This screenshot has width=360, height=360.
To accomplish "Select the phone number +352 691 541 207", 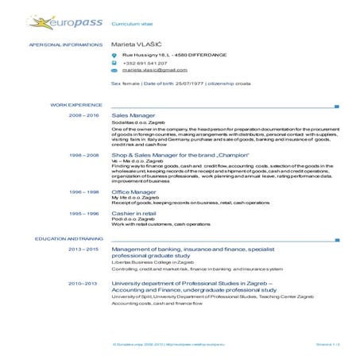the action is tap(145, 63).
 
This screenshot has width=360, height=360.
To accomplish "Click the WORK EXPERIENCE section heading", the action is tap(76, 104).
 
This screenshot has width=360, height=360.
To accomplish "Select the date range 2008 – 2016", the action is tap(84, 115).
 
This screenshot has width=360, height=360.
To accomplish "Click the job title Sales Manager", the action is tap(133, 115).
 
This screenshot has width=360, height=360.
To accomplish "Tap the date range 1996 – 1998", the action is tap(84, 192).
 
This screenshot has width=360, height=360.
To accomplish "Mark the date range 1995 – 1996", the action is tap(84, 214).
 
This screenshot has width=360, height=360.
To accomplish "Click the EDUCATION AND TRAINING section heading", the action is tap(68, 238).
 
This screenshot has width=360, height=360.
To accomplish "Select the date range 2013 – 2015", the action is tap(83, 250).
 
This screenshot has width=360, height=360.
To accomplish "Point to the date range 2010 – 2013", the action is tap(83, 283).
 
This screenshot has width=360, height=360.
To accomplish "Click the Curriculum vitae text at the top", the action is tap(127, 25).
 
